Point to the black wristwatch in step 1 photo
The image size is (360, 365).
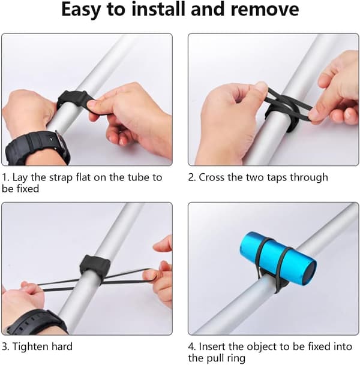point(37,147)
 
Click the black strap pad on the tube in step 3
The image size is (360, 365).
point(95,266)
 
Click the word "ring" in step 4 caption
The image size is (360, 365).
point(236,358)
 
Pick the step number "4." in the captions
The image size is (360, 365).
point(192,347)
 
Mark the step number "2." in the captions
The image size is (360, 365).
point(192,177)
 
